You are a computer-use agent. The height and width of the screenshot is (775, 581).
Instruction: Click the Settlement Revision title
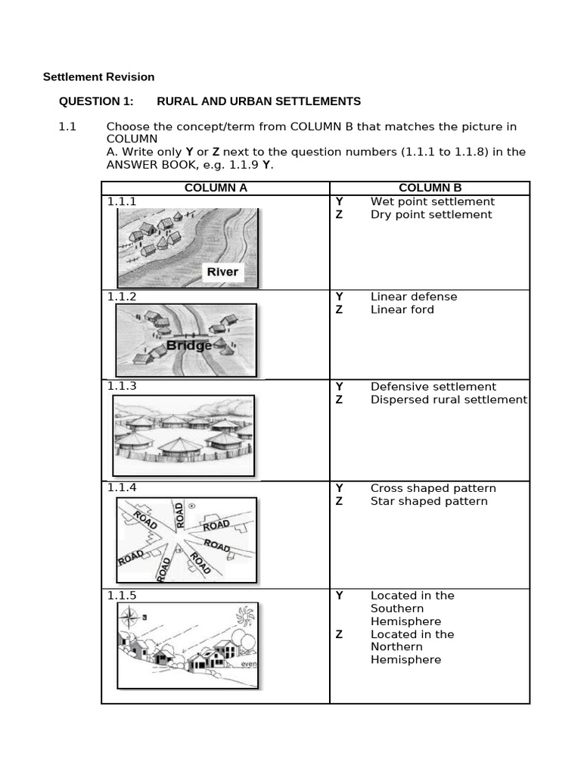[x=98, y=76]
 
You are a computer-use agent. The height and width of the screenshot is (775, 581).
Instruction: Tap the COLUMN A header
[x=216, y=188]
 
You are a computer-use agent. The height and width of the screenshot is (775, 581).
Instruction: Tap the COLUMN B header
[x=430, y=188]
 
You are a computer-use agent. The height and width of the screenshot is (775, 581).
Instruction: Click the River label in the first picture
[x=222, y=272]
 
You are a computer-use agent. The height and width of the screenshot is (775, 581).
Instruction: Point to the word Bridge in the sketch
[x=188, y=346]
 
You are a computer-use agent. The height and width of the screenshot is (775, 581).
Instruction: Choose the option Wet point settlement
[x=432, y=201]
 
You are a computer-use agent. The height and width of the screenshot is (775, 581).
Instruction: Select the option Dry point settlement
[x=430, y=214]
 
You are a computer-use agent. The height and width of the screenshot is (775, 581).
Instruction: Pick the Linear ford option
[x=402, y=309]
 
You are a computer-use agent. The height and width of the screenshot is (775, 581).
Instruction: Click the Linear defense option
[x=413, y=296]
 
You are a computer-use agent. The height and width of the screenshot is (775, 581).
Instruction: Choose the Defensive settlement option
[x=433, y=386]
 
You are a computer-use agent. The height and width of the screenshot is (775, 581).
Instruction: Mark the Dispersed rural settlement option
[x=448, y=399]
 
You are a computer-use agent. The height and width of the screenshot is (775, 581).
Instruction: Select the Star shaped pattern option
[x=428, y=501]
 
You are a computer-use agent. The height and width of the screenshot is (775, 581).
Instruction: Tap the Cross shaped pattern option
[x=433, y=488]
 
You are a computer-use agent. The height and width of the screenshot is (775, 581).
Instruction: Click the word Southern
[x=396, y=608]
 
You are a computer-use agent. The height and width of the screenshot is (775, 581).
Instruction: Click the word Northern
[x=396, y=647]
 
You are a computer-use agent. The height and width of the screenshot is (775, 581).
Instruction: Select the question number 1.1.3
[x=122, y=386]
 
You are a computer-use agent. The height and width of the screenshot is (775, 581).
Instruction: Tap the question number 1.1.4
[x=122, y=488]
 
